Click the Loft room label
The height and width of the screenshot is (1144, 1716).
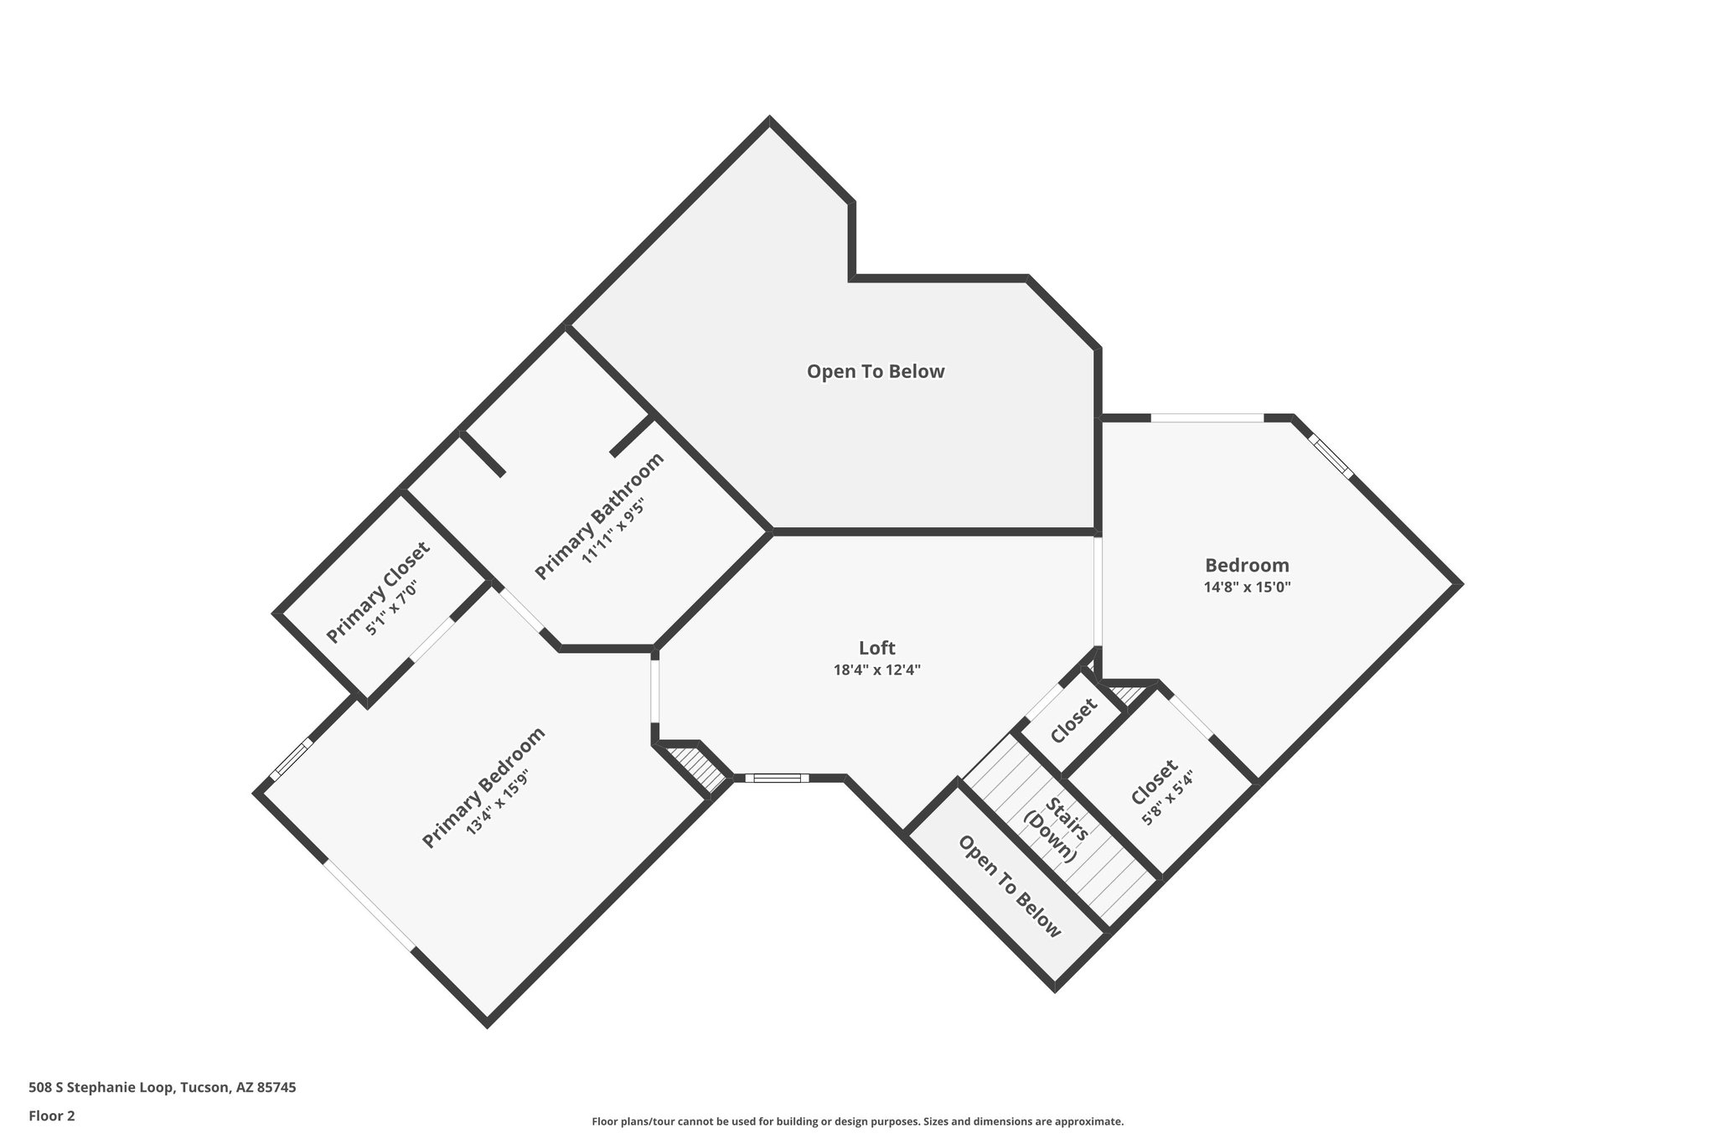(x=876, y=648)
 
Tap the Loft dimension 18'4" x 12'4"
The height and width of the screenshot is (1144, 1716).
(x=876, y=670)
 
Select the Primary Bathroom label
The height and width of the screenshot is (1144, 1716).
(x=599, y=515)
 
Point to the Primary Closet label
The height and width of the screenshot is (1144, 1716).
(x=377, y=592)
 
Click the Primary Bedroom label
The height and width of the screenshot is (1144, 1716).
(x=483, y=787)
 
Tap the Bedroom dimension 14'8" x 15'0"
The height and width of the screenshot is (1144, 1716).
(x=1247, y=588)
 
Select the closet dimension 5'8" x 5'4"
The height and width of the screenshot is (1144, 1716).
(x=1167, y=800)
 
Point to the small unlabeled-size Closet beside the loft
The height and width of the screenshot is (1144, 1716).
(x=1073, y=721)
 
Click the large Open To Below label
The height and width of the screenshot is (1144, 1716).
(x=876, y=371)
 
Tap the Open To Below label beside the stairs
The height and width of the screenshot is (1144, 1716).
(x=1010, y=886)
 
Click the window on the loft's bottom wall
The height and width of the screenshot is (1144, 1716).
(x=777, y=779)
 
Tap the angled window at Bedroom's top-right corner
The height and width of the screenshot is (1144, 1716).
(x=1331, y=455)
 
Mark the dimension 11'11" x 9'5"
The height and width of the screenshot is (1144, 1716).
(x=613, y=532)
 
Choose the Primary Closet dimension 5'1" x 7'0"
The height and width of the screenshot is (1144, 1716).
(x=391, y=608)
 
